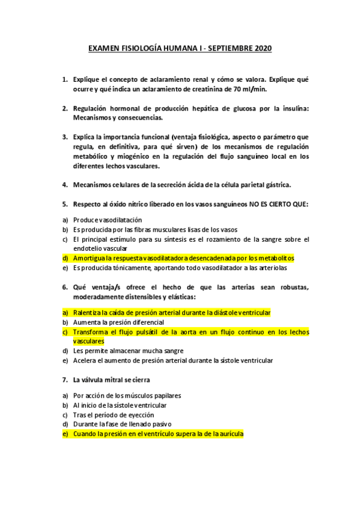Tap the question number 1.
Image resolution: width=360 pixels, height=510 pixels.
65,79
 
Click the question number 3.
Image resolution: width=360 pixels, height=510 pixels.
65,137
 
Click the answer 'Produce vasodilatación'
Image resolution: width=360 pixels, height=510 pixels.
108,220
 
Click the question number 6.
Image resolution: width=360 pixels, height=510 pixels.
65,287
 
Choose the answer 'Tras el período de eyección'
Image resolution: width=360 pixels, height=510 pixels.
114,414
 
